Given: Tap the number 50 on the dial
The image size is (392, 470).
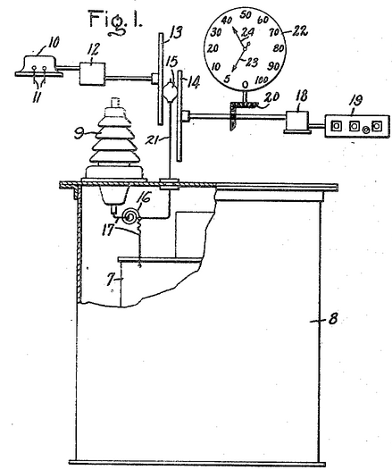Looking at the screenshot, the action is tap(246, 14).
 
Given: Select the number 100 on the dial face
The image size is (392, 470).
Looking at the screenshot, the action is tap(262, 80).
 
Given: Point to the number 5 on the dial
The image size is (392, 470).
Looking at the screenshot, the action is tap(227, 79).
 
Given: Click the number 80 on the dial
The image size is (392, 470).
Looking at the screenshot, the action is tap(279, 48).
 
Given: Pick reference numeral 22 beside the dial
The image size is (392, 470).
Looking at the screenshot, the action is tap(299, 31).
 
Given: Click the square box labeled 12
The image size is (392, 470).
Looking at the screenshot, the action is tap(92, 74).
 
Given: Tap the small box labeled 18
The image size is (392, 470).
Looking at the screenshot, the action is tap(297, 121).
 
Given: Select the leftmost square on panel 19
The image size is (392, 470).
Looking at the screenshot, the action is tap(336, 126).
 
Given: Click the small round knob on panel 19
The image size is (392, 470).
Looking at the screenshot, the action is tap(365, 130).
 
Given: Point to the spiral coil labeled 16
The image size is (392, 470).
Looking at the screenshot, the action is tap(130, 216).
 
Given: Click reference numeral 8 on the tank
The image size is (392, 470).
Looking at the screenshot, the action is tap(333, 319).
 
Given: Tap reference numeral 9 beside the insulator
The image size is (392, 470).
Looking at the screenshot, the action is tap(79, 134).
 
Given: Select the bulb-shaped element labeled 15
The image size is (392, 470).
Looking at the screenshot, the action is tap(169, 91).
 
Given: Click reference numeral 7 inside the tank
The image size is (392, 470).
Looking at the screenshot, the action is tap(111, 280).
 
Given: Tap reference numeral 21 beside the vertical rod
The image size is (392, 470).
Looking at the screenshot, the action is tap(154, 138).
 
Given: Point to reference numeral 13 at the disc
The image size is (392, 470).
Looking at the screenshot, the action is tap(176, 32).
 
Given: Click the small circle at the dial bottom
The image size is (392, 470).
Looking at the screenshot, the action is tap(246, 85).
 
